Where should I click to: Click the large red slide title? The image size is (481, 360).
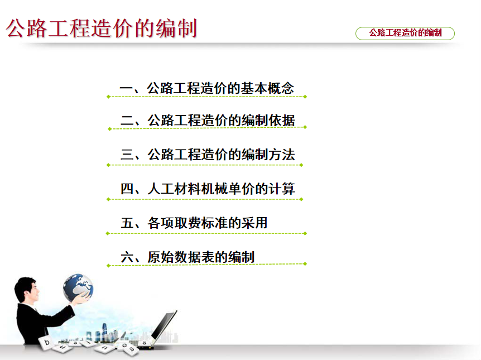[x=101, y=28]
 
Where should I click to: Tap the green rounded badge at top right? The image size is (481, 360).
[x=405, y=33]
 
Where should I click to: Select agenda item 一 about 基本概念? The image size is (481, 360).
[x=207, y=88]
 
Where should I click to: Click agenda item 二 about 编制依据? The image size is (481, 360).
[x=208, y=121]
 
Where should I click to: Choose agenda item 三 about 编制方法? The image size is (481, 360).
[x=208, y=155]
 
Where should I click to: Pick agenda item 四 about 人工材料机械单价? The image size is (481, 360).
[x=208, y=189]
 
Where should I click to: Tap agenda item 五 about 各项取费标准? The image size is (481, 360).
[x=194, y=223]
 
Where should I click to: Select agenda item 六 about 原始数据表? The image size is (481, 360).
[x=187, y=257]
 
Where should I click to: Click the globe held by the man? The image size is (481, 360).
[x=78, y=288]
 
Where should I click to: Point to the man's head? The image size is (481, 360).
[x=26, y=289]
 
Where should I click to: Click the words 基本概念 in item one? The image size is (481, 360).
[x=267, y=88]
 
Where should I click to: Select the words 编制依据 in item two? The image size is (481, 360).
[x=268, y=121]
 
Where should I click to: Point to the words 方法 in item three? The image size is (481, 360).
[x=282, y=155]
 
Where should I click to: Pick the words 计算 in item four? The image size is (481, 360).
[x=282, y=189]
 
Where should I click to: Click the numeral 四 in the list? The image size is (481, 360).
[x=127, y=189]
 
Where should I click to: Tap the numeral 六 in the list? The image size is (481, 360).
[x=127, y=257]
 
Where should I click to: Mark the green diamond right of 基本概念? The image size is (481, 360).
[x=305, y=97]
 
